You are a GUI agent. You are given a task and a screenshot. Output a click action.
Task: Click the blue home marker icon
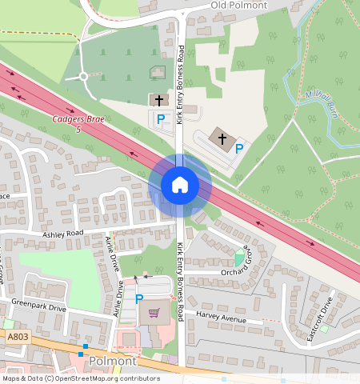click(x=180, y=186)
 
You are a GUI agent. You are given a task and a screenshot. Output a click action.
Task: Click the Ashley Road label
click(x=63, y=233)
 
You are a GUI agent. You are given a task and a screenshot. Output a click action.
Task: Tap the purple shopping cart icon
click(x=154, y=313)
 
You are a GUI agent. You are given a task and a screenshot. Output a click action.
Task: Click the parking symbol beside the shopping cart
click(x=139, y=299)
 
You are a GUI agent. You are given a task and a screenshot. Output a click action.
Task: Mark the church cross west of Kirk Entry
click(x=159, y=100)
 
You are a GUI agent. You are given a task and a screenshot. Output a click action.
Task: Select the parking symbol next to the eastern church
click(x=238, y=148)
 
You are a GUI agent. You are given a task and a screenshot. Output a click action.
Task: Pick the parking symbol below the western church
click(x=161, y=119)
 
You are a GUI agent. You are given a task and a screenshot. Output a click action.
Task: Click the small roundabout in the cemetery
click(x=82, y=77)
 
